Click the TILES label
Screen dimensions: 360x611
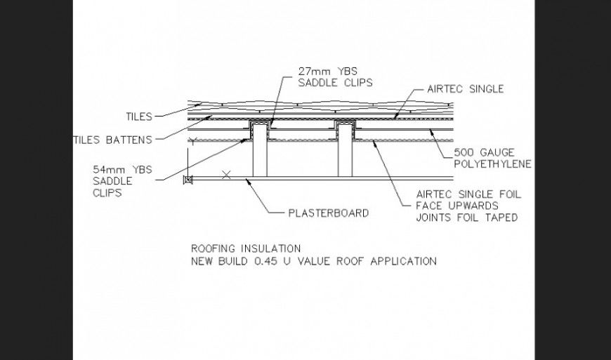(x=138, y=116)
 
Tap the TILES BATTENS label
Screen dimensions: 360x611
(x=112, y=140)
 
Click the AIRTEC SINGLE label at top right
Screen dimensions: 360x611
(x=465, y=89)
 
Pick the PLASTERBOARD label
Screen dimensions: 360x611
(x=328, y=213)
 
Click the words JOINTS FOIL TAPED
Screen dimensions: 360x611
(x=467, y=218)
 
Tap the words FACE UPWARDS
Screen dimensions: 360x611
(x=457, y=206)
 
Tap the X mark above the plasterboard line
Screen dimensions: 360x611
(x=225, y=174)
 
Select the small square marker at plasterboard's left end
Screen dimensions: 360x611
(x=188, y=180)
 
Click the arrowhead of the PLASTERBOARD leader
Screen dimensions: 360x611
(x=247, y=180)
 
